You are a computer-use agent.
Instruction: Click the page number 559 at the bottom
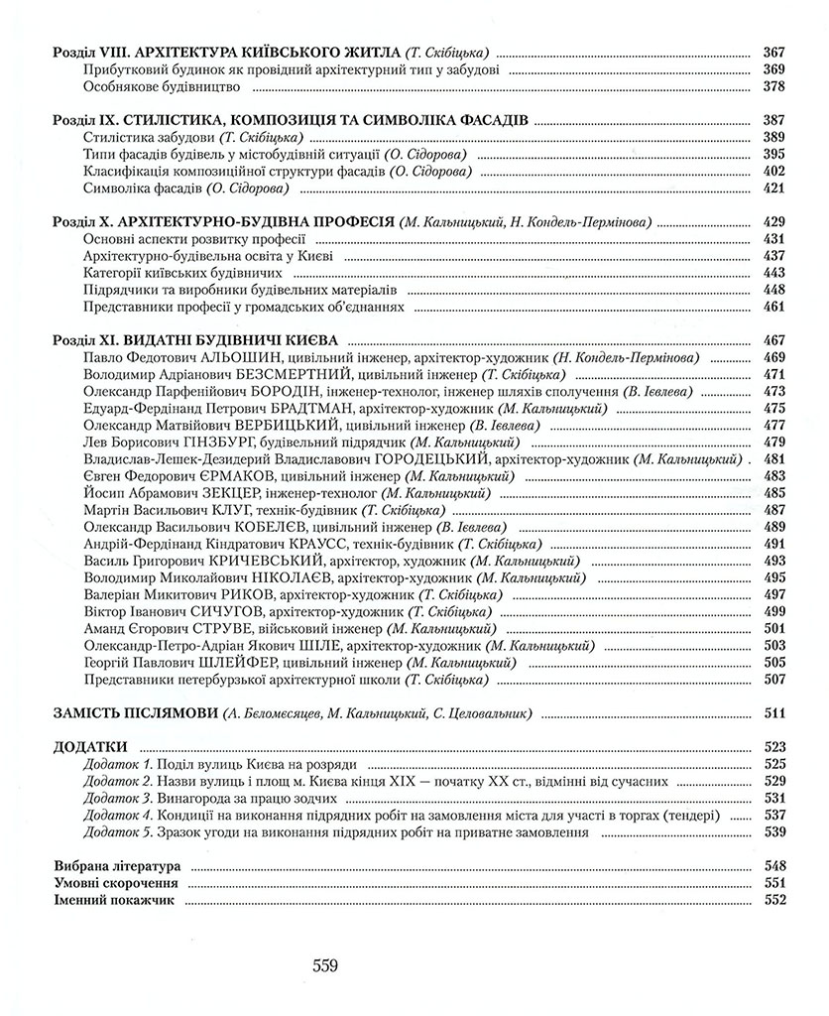tap(325, 964)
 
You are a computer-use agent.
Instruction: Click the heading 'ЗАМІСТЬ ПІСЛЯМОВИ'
tap(135, 712)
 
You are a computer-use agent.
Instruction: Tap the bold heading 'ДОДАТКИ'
tap(88, 746)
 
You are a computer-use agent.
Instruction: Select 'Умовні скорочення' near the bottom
tap(114, 883)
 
